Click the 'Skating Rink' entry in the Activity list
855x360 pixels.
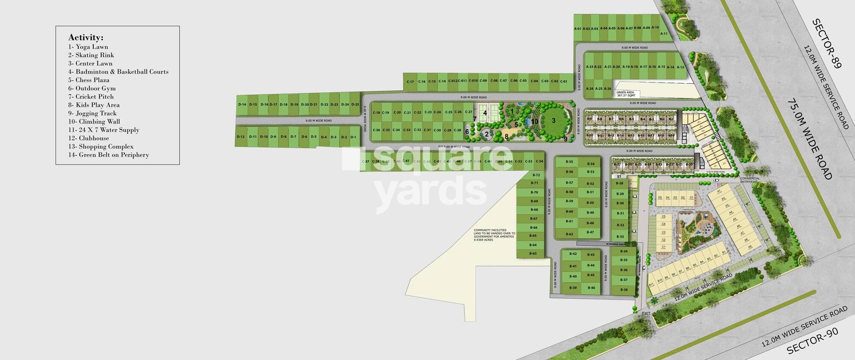[94, 55]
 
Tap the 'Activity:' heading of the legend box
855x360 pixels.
[85, 37]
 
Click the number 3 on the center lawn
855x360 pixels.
[554, 121]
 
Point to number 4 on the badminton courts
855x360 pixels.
[485, 113]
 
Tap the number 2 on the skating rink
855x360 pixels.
[486, 134]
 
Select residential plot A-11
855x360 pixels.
[664, 33]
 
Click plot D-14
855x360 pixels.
[242, 105]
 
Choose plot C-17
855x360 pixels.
[410, 82]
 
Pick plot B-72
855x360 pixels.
[537, 175]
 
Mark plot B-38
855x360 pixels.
[624, 290]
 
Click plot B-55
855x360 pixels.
[569, 162]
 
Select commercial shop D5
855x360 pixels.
[660, 198]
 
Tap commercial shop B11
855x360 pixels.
[652, 284]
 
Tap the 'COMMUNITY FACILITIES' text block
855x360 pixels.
[494, 235]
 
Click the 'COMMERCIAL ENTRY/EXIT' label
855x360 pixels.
[750, 180]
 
